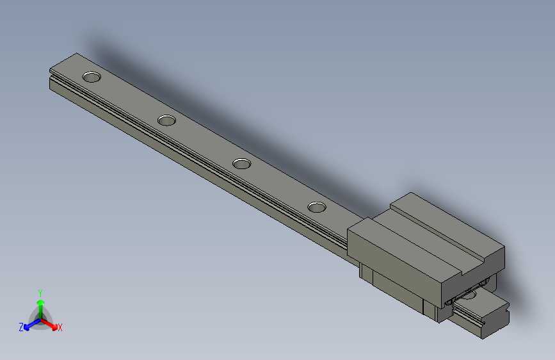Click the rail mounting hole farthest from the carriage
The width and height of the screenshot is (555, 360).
pos(92,77)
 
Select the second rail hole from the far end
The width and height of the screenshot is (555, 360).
pos(166,120)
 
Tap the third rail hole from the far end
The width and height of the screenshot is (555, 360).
pos(241,163)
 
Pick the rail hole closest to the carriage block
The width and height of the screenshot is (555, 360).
pos(316,206)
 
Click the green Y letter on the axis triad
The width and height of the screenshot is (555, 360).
pos(40,292)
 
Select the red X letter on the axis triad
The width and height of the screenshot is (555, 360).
pos(60,328)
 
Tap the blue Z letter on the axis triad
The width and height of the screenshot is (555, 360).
pos(21,327)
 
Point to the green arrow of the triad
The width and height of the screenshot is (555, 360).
pos(40,304)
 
